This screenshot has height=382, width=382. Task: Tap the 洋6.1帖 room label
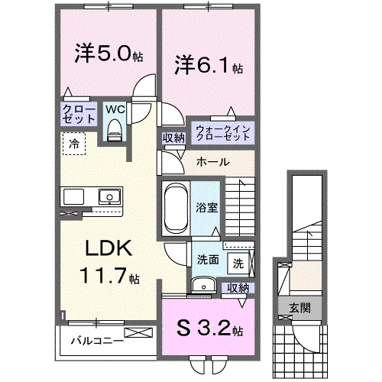coord(206,66)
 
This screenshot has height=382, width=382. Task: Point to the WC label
coord(114,109)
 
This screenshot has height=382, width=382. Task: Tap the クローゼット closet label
coord(79,115)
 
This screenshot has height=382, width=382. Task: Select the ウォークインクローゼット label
coord(222,133)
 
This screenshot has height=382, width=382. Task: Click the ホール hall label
coord(211,161)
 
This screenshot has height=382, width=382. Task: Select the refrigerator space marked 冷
coord(75,142)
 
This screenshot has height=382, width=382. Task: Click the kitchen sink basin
coord(107,198)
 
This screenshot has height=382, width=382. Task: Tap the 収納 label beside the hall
coord(173,138)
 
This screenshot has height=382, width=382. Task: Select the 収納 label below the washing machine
coord(238,287)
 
